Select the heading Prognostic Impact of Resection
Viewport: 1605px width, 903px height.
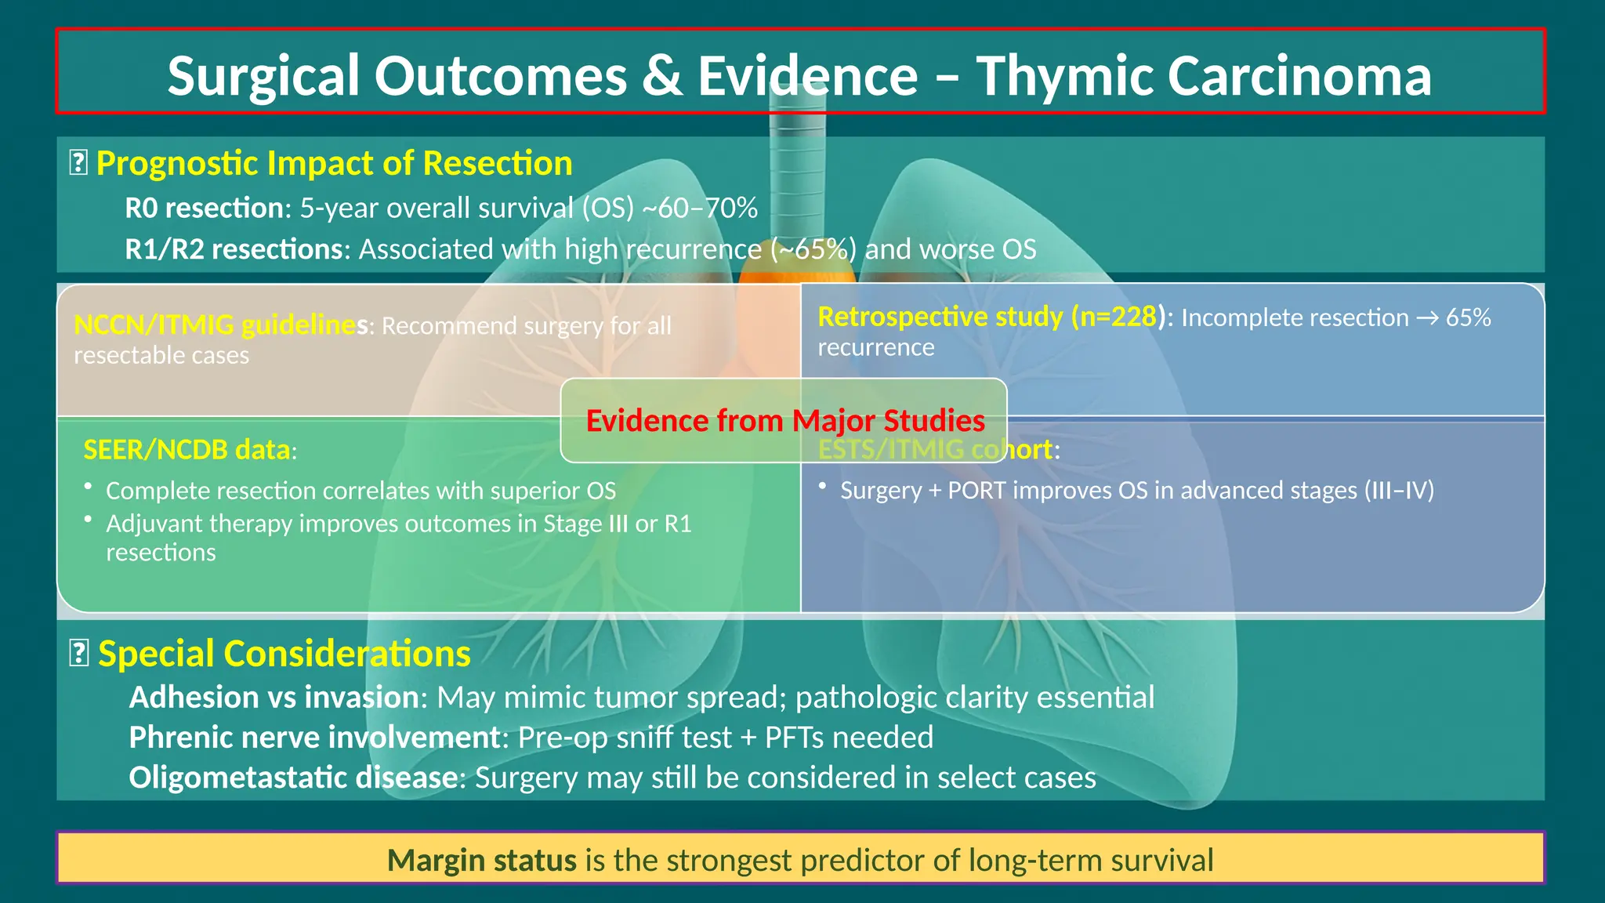334,164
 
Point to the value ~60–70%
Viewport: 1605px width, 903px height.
700,209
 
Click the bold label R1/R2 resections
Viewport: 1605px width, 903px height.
234,249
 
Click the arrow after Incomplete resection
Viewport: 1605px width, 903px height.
1427,317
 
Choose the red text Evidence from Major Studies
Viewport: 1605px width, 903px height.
785,421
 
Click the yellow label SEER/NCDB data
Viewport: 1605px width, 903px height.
187,450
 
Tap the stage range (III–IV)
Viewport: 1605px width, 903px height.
1399,491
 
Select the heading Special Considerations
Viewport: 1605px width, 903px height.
284,654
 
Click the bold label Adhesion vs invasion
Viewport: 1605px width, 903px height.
274,698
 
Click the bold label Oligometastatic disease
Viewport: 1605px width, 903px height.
293,778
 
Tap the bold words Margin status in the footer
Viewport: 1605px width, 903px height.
482,861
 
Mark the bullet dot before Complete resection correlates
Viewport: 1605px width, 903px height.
89,487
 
